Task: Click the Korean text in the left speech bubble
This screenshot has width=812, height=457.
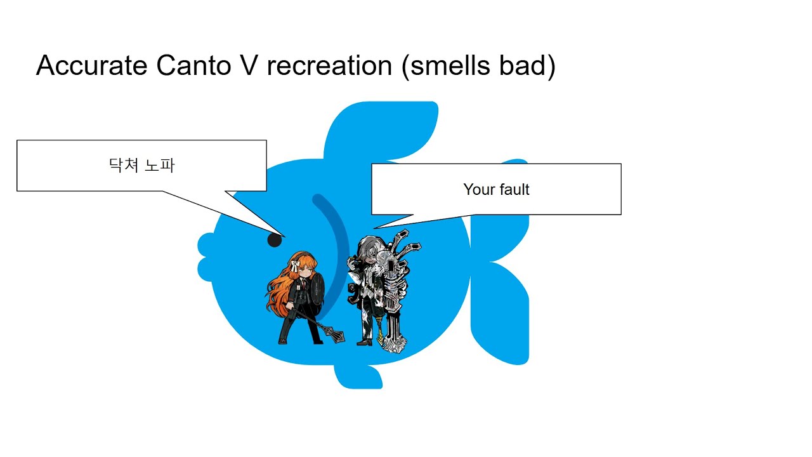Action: (141, 166)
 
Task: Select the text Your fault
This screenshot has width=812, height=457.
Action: (496, 189)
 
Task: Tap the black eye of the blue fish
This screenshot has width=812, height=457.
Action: (274, 240)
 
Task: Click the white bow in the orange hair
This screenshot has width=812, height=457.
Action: (296, 267)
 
